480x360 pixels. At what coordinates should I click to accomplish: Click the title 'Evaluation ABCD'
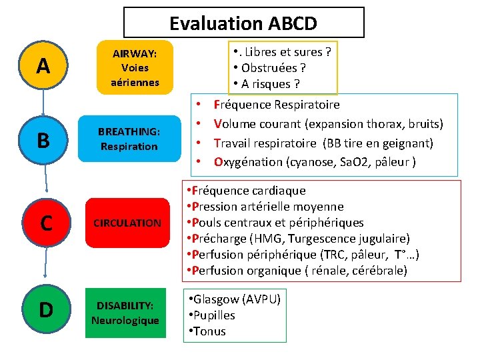pyautogui.click(x=243, y=23)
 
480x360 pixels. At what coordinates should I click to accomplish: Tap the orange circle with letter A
pyautogui.click(x=43, y=66)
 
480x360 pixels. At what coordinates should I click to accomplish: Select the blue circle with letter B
pyautogui.click(x=43, y=140)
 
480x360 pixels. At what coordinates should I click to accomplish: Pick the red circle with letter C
pyautogui.click(x=46, y=222)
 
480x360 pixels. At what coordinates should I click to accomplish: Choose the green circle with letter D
pyautogui.click(x=46, y=309)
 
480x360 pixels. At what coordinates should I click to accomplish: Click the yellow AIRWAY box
pyautogui.click(x=135, y=67)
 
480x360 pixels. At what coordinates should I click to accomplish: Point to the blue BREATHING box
pyautogui.click(x=129, y=139)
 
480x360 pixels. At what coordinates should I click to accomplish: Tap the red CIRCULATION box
pyautogui.click(x=127, y=223)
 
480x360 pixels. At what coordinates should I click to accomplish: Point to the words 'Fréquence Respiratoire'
pyautogui.click(x=276, y=105)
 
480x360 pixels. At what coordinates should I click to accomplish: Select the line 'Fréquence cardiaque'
pyautogui.click(x=247, y=191)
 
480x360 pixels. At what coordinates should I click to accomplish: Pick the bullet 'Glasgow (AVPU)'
pyautogui.click(x=235, y=299)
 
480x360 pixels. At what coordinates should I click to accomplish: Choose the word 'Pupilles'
pyautogui.click(x=215, y=315)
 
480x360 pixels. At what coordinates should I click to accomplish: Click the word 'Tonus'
pyautogui.click(x=211, y=331)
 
